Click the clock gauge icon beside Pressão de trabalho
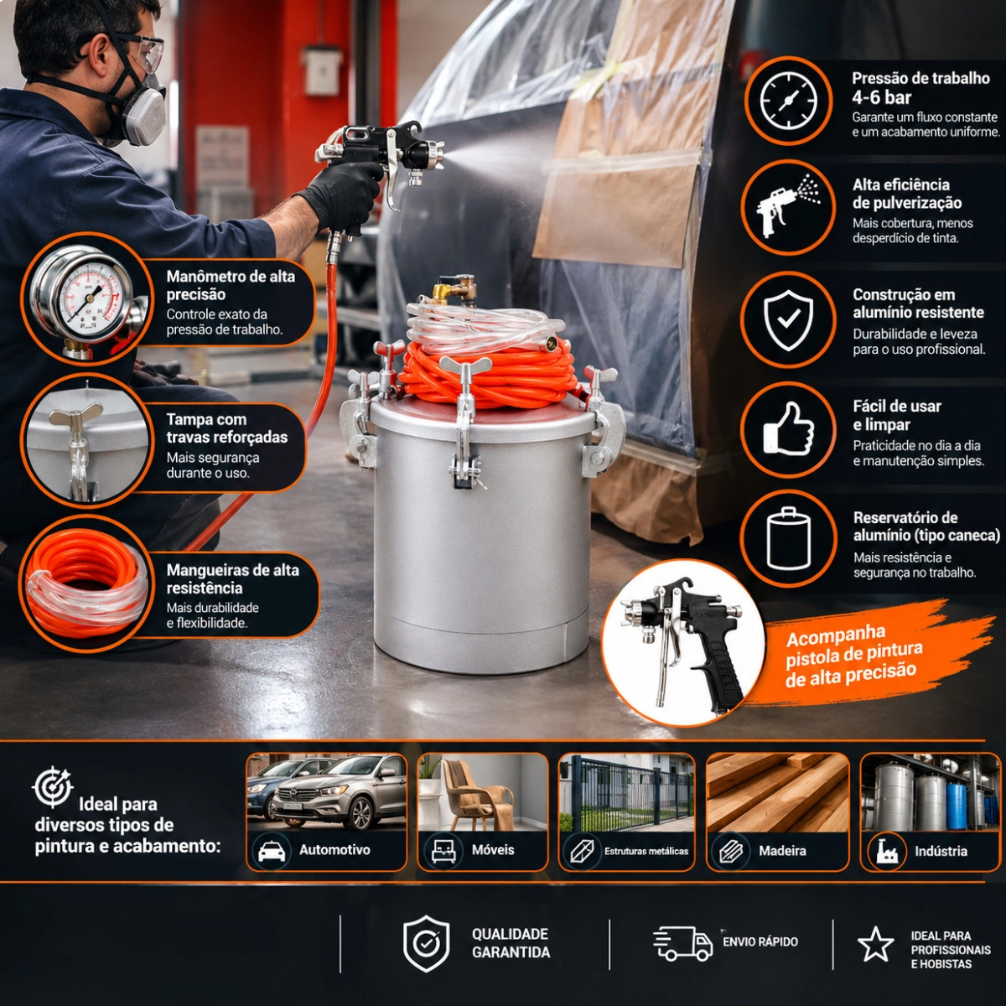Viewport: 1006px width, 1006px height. point(788,100)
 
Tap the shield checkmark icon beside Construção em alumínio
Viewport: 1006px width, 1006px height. point(788,319)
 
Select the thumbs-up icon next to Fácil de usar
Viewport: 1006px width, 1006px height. point(788,428)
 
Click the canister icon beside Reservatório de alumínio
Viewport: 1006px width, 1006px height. point(788,538)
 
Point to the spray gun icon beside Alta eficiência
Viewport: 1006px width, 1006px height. point(788,206)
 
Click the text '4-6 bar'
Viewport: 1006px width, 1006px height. point(882,97)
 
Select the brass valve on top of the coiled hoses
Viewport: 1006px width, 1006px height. point(454,288)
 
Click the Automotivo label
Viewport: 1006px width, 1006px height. point(334,849)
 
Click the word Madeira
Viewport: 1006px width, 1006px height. point(782,850)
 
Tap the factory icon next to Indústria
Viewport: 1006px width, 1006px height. point(886,850)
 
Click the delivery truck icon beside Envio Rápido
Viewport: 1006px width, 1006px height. point(682,943)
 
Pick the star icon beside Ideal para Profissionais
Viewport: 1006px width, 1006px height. point(875,944)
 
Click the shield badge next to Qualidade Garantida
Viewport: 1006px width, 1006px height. point(426,943)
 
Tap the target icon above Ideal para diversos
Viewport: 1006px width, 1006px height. point(52,786)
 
